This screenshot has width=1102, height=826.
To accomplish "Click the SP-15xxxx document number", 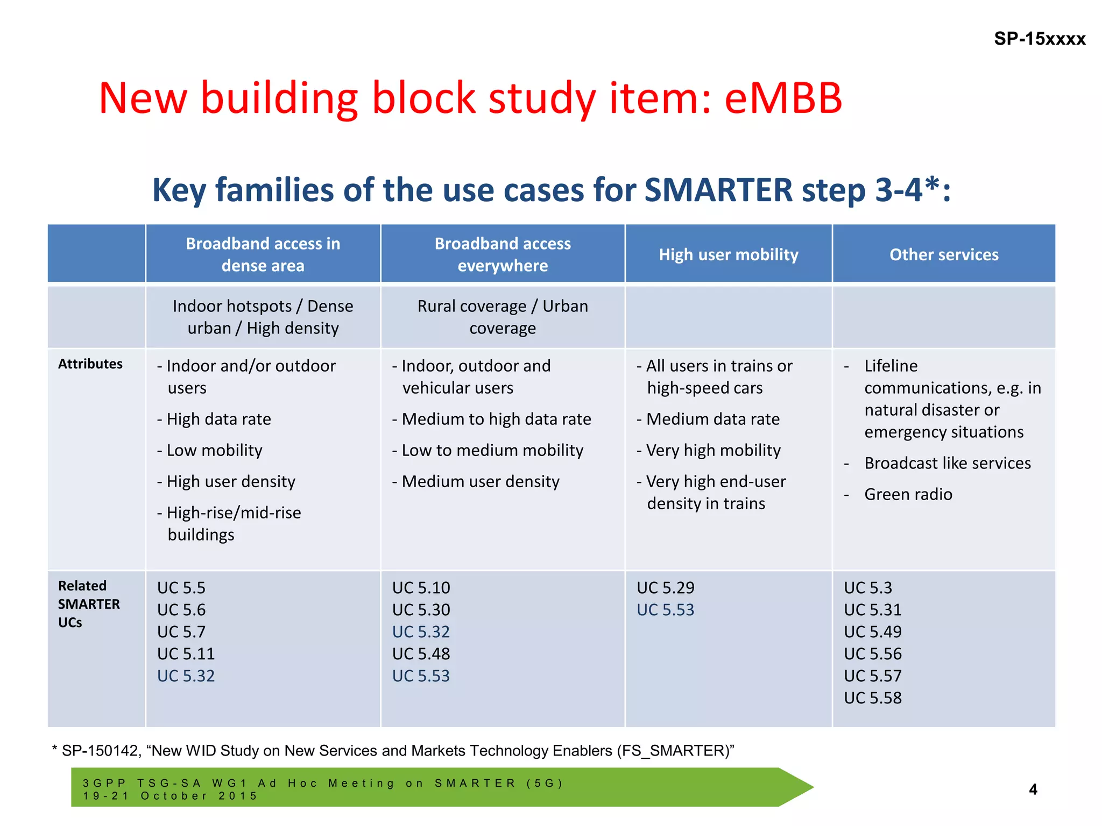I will click(x=1039, y=39).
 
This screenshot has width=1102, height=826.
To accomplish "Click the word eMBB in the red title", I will click(x=783, y=98).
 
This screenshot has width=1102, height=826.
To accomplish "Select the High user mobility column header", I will click(x=728, y=254).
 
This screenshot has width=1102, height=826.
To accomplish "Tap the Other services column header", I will click(x=943, y=254).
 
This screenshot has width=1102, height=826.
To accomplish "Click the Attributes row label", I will click(x=90, y=364).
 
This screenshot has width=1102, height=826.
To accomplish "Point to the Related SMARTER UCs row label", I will click(x=89, y=604).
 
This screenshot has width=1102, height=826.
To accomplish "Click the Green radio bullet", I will click(x=908, y=494).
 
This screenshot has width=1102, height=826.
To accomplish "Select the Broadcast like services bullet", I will click(x=947, y=463).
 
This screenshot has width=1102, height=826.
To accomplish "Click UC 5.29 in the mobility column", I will click(x=665, y=588).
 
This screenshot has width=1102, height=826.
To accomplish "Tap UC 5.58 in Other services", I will click(x=872, y=698).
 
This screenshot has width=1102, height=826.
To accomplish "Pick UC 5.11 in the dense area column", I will click(x=186, y=654).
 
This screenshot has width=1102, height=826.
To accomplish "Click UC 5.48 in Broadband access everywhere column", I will click(x=421, y=654).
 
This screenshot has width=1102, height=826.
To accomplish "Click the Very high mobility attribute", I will click(x=713, y=450).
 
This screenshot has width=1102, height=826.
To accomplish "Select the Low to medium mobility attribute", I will click(x=492, y=450).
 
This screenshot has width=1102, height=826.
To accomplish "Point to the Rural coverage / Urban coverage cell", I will click(x=503, y=317).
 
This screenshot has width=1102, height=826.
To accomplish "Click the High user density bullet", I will click(x=230, y=481).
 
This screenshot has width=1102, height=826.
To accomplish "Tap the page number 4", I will click(x=1033, y=789).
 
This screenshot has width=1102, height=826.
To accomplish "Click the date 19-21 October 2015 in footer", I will click(x=170, y=796).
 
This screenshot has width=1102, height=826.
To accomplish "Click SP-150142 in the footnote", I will click(x=101, y=751).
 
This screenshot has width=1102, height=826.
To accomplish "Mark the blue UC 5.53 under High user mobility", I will click(x=665, y=610).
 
